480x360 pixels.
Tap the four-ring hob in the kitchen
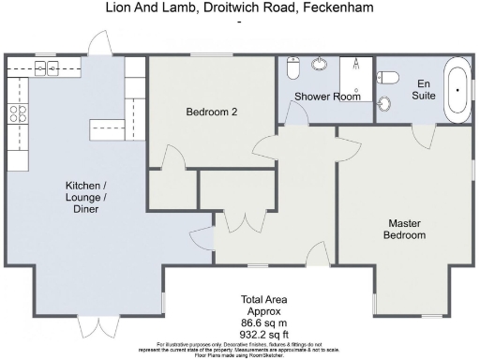tap(18, 113)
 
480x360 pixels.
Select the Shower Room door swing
tap(293, 112)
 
